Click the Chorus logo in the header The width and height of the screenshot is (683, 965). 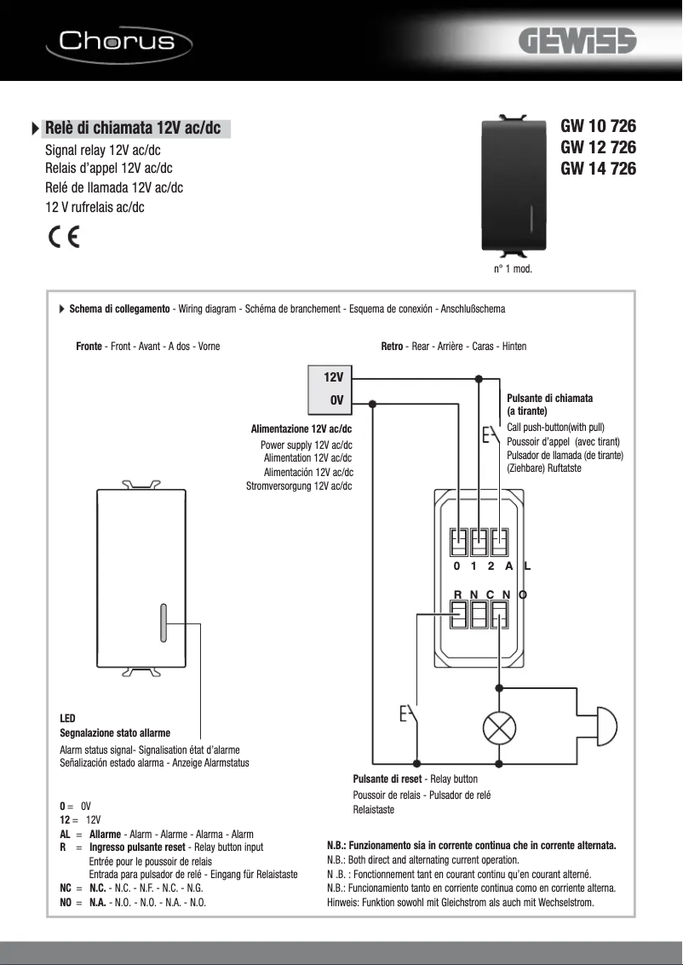pos(117,40)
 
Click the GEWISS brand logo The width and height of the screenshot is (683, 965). pos(579,43)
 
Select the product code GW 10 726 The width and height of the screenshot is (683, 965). pos(598,126)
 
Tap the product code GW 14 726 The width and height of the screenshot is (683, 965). pos(598,169)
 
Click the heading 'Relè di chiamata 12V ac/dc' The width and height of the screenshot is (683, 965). pos(132,128)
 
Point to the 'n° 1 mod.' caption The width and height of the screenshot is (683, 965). pos(513,269)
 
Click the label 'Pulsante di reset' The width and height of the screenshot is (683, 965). pos(387,778)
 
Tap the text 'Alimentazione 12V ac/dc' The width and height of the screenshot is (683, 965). pos(301,428)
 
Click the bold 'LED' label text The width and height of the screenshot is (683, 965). pos(67,719)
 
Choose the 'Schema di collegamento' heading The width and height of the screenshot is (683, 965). pos(119,308)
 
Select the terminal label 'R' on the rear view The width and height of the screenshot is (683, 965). pos(457,594)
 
